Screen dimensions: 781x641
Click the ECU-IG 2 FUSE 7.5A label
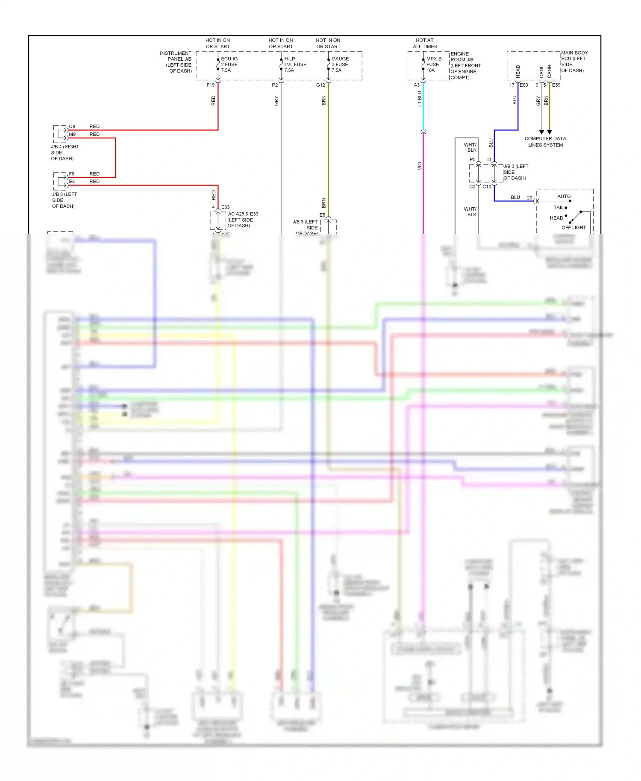click(229, 65)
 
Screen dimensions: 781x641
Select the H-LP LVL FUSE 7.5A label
click(295, 65)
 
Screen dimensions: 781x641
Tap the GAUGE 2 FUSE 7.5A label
click(340, 65)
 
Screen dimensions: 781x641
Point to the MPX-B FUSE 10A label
click(433, 65)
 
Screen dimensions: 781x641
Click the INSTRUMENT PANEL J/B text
click(176, 62)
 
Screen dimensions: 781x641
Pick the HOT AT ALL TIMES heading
click(425, 43)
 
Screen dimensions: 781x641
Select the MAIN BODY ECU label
click(574, 62)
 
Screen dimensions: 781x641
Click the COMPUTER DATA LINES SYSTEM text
click(545, 141)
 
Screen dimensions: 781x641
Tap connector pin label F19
click(210, 85)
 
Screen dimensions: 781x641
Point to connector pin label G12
click(320, 85)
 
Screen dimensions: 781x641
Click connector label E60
click(523, 85)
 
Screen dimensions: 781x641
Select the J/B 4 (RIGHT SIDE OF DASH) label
click(65, 153)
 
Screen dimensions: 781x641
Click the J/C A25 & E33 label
click(242, 220)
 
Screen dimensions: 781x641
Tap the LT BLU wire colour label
click(420, 99)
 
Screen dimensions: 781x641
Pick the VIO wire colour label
click(420, 166)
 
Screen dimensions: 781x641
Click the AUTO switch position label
click(564, 197)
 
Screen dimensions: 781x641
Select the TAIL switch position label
click(559, 208)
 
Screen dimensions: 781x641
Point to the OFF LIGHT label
click(573, 228)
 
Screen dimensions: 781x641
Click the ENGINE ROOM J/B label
click(465, 65)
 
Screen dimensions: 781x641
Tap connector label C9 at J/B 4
click(72, 126)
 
